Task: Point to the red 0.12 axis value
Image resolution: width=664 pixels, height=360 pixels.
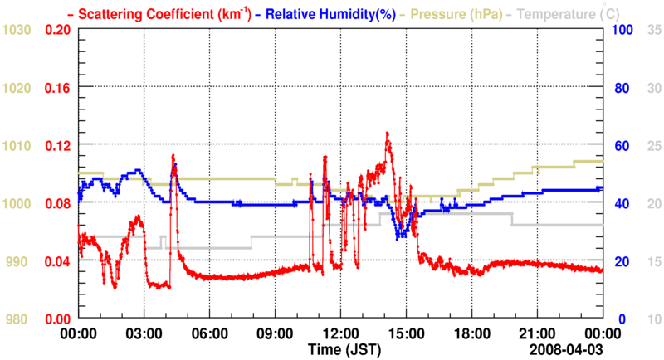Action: [x=56, y=145]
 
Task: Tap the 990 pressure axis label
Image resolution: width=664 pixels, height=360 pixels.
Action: [x=19, y=261]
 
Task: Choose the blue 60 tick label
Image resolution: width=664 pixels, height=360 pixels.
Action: [x=620, y=145]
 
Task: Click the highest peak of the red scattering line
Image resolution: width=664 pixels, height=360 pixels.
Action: [x=387, y=133]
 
